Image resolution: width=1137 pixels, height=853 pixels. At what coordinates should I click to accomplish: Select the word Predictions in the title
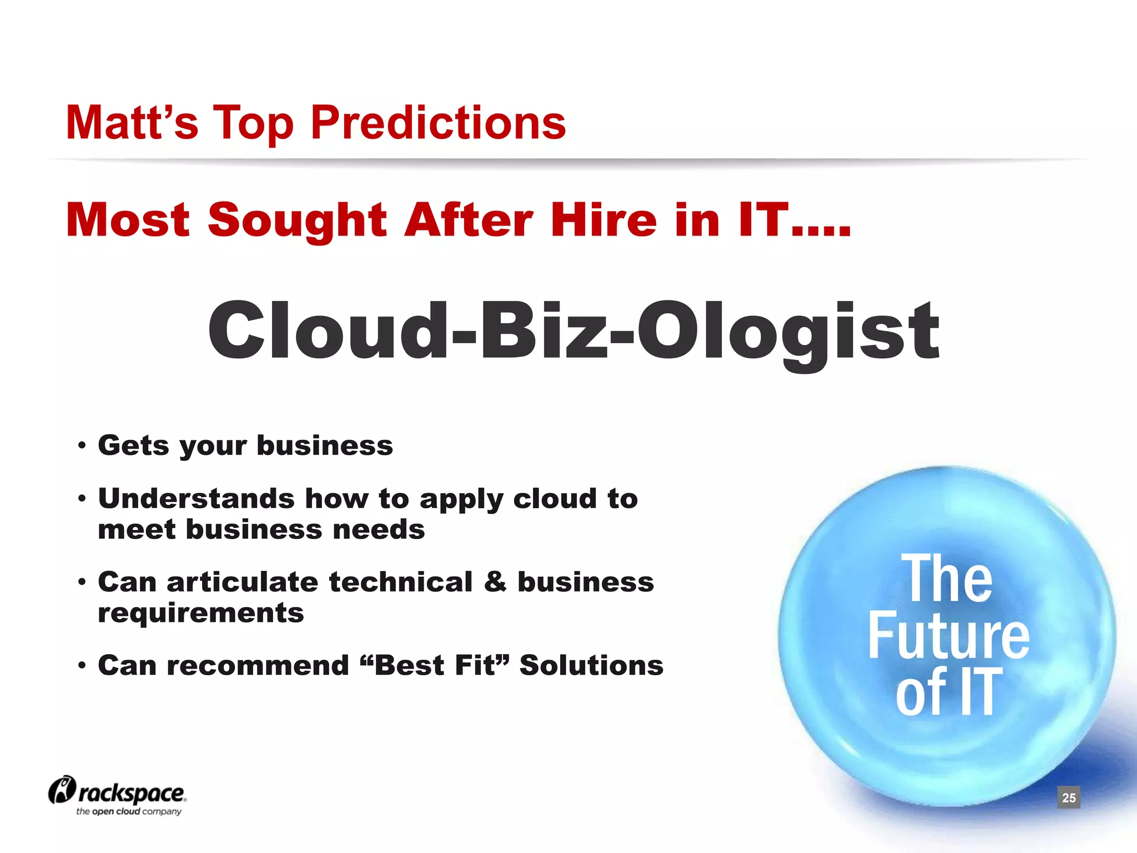(438, 123)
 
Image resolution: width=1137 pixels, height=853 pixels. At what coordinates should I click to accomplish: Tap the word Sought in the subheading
(297, 220)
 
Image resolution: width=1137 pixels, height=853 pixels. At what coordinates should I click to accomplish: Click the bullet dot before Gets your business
(82, 445)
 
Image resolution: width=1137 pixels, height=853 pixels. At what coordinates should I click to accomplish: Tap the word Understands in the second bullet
(196, 498)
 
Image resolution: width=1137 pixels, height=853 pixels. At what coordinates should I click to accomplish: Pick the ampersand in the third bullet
(495, 582)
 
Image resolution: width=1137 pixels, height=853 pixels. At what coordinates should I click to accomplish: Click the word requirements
(201, 613)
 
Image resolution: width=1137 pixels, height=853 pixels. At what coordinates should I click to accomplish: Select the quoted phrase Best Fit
(434, 665)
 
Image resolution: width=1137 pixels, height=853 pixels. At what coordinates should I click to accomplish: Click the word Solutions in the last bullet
(591, 665)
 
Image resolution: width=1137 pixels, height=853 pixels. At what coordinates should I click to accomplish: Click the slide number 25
(1069, 798)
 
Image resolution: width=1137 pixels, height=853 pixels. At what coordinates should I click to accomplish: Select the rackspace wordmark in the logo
(132, 793)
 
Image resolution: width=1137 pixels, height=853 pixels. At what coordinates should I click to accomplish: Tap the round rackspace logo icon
(61, 789)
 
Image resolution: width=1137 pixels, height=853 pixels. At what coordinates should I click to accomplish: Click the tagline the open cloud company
(129, 811)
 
